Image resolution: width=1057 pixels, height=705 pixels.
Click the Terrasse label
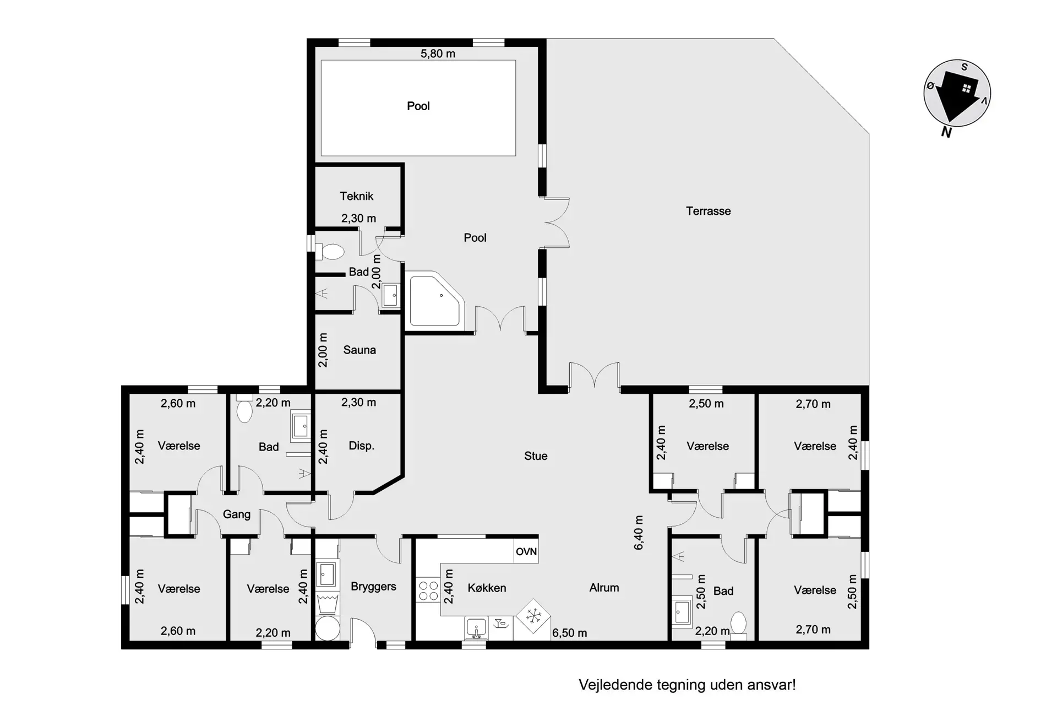708,211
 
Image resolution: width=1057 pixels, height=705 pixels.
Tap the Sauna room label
359,350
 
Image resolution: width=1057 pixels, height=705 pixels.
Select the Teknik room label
357,196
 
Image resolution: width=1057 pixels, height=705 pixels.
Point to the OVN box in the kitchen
526,551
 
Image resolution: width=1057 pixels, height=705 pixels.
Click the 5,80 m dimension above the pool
438,53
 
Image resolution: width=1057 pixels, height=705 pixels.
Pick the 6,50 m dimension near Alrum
569,633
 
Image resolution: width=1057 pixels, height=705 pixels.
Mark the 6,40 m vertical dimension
639,533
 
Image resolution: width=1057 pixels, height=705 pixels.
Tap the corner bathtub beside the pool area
434,300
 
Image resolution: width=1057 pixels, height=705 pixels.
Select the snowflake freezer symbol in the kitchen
533,615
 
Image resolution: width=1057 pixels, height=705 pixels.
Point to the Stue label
536,456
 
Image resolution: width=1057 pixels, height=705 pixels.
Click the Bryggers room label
373,587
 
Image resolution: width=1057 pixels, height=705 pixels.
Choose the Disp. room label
362,446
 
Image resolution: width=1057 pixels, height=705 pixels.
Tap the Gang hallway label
237,514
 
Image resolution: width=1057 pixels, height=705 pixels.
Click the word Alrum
604,588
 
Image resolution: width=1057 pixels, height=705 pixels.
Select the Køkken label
487,588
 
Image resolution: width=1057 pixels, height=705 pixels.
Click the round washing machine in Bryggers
328,628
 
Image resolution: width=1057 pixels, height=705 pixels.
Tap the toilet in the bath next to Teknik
330,252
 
